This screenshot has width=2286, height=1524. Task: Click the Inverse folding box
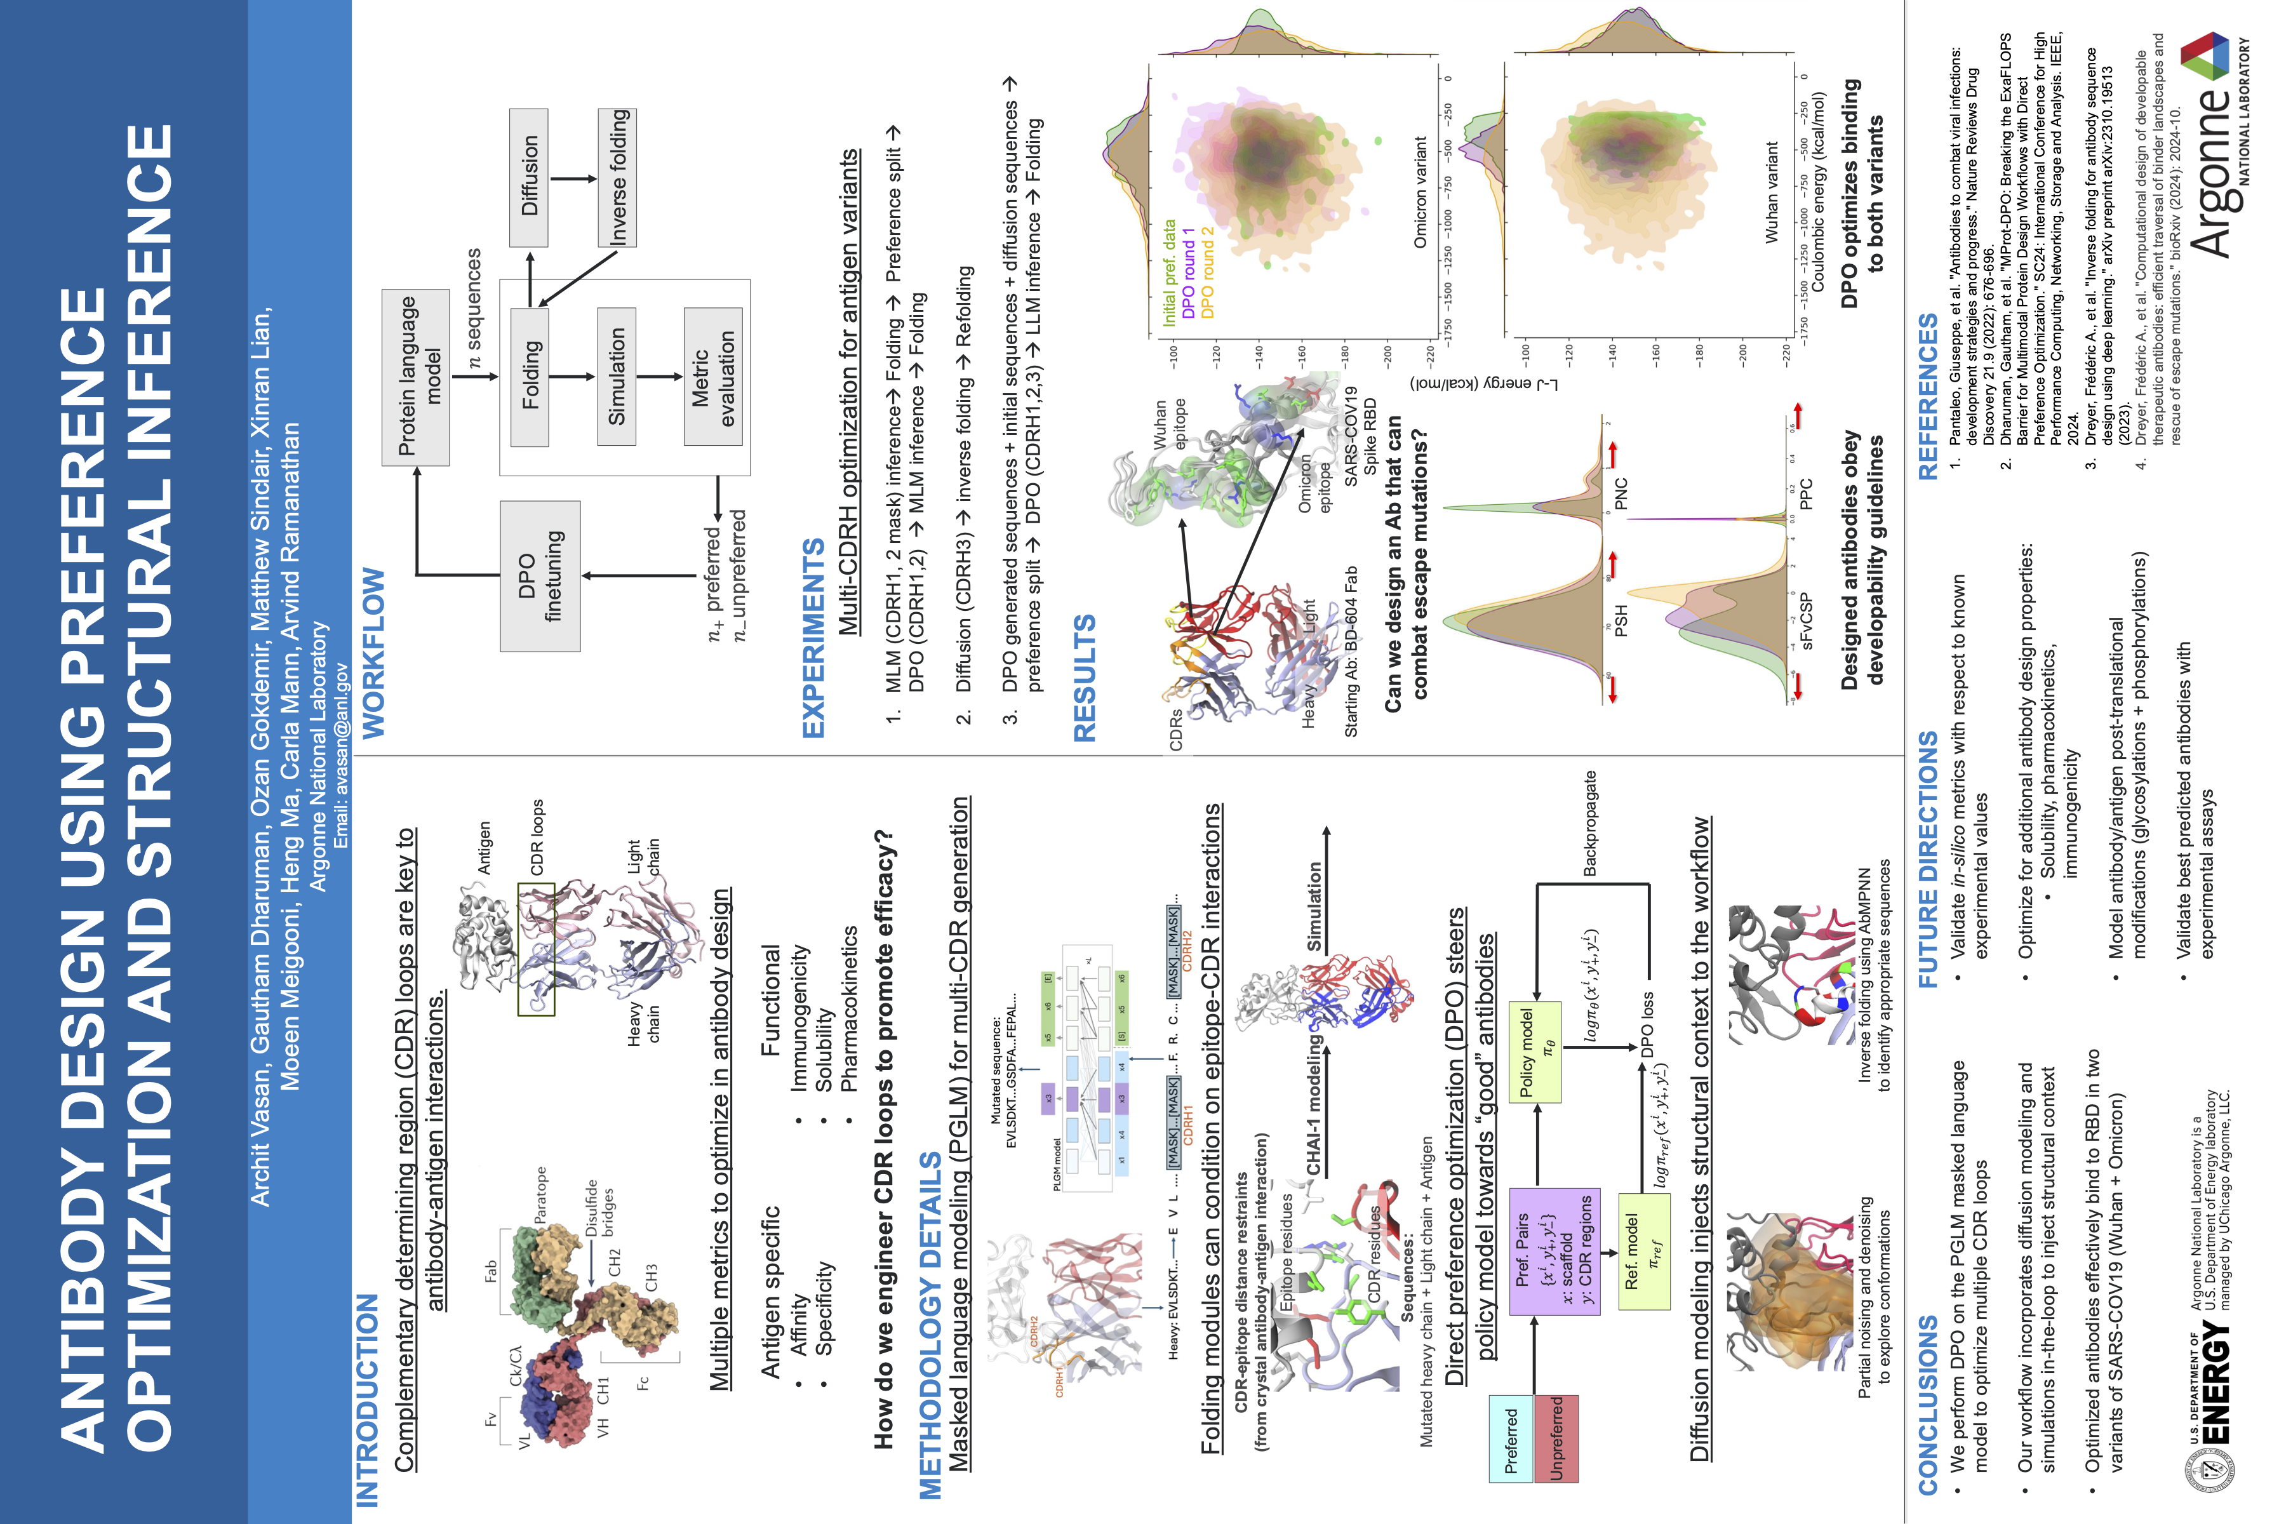tap(617, 177)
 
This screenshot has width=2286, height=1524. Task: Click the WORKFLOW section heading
tap(373, 652)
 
